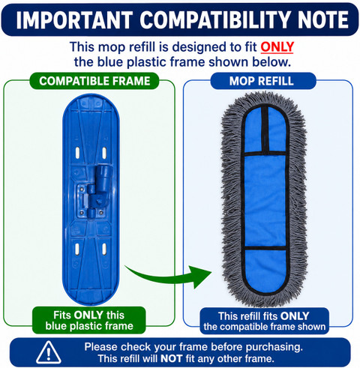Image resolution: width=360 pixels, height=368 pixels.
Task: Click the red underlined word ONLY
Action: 277,47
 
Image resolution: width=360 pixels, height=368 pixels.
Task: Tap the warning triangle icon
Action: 49,352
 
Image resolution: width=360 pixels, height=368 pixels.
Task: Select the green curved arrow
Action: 168,277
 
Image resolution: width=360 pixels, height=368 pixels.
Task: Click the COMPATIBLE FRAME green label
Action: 94,81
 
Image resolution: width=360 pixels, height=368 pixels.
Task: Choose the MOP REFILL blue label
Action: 262,81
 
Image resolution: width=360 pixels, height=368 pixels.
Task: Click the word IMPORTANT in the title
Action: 74,20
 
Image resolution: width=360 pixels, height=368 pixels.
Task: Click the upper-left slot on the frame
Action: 77,153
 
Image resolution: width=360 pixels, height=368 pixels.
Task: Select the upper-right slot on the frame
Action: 104,153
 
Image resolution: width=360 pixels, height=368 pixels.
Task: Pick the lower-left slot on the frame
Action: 77,249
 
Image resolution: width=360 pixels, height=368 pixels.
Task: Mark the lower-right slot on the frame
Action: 104,249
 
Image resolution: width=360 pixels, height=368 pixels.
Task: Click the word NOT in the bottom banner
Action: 171,359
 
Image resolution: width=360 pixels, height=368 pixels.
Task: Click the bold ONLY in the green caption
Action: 88,315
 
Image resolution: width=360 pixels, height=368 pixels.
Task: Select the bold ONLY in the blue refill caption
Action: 295,316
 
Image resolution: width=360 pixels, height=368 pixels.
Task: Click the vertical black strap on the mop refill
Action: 265,130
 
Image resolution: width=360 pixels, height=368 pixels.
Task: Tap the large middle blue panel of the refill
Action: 265,201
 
